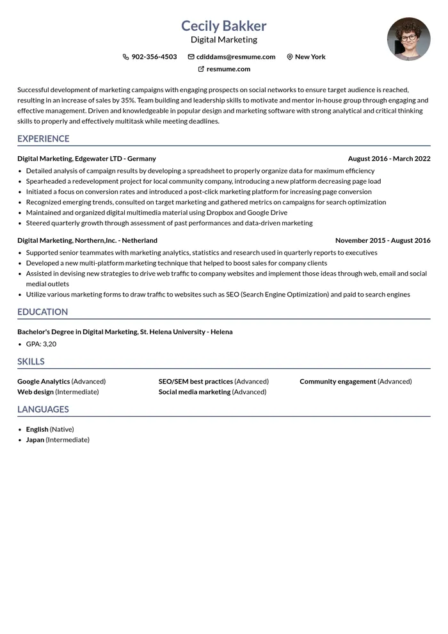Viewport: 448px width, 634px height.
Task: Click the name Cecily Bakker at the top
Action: point(223,26)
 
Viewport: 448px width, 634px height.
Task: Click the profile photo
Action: point(408,38)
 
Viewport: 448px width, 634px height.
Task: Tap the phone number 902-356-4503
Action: point(154,57)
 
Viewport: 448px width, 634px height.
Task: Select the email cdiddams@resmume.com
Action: point(236,57)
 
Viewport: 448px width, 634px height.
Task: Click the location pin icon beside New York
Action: point(290,57)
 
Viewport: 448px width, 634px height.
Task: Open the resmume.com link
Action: point(228,69)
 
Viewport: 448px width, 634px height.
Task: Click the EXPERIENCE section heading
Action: point(44,139)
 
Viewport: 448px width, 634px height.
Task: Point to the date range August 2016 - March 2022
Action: point(389,159)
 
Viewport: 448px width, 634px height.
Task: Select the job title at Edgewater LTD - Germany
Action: point(86,159)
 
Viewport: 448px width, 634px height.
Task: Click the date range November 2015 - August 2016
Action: point(383,241)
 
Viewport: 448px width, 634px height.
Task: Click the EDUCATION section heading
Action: point(42,312)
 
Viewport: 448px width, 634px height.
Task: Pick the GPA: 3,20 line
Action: point(41,344)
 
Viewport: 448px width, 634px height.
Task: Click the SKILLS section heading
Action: point(31,361)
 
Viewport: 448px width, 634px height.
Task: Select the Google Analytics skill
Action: point(44,382)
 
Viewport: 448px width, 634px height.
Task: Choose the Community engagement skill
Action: point(338,382)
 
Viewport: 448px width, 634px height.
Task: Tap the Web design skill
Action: point(35,392)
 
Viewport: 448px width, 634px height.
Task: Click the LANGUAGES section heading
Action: point(43,409)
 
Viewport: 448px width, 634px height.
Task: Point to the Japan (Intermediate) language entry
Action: point(58,440)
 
